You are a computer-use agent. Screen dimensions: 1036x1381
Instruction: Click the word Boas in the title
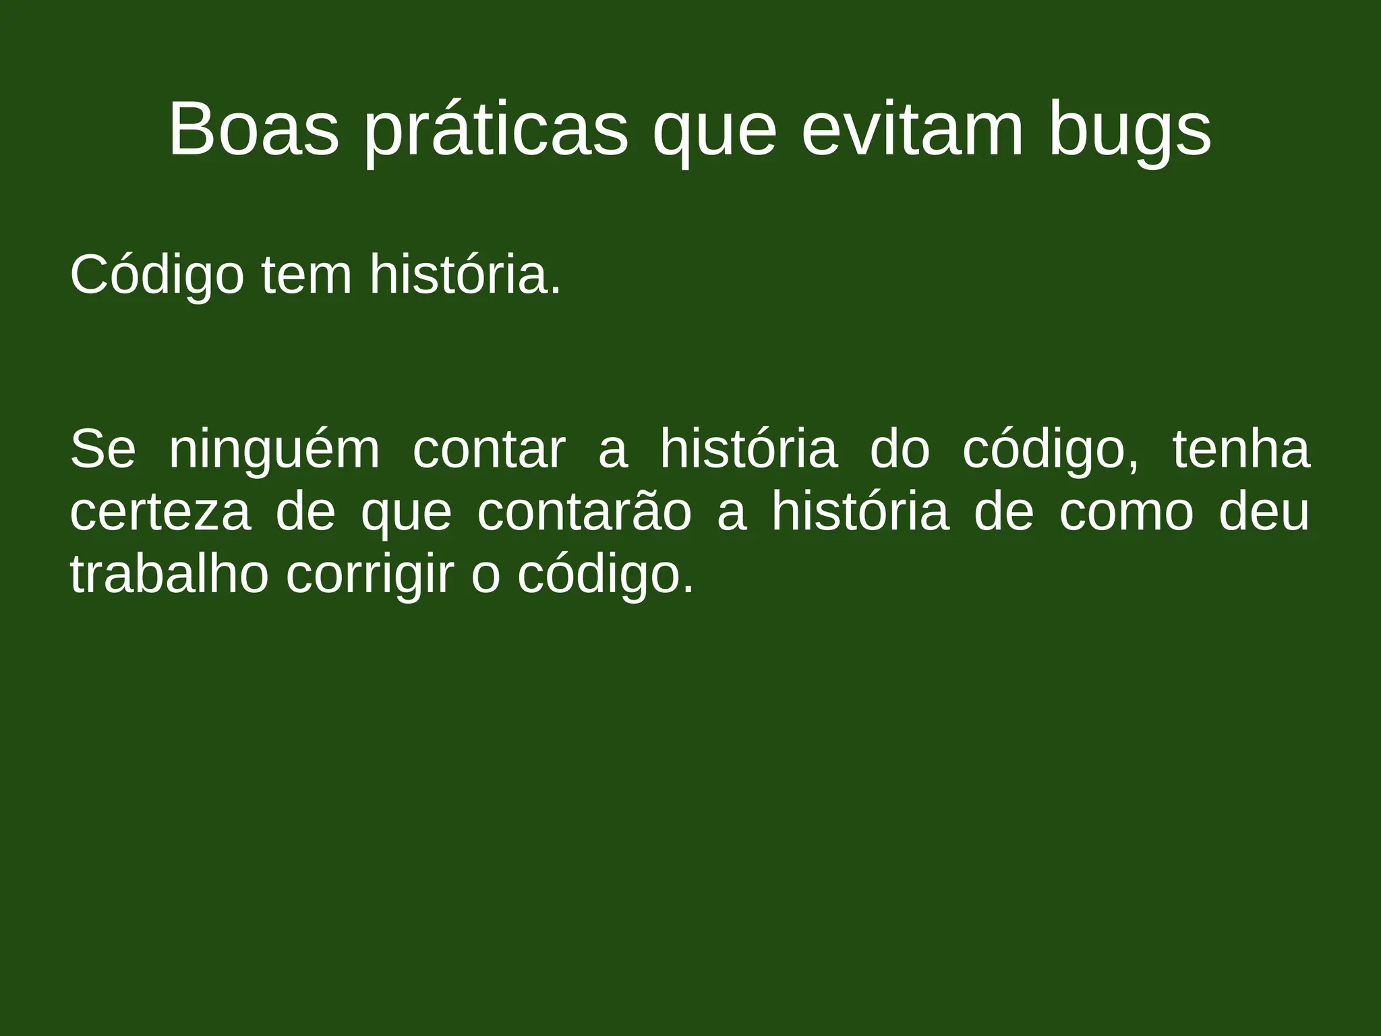254,129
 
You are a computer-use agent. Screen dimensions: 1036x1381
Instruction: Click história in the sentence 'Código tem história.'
465,275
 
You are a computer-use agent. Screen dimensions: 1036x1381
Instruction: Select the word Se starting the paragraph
102,449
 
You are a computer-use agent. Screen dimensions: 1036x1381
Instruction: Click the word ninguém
274,451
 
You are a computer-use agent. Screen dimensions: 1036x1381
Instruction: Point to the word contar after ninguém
489,451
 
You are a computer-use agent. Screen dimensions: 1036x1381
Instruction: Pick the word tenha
1241,449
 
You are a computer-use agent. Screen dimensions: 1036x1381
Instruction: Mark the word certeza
160,513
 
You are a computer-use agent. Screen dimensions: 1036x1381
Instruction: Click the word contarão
584,513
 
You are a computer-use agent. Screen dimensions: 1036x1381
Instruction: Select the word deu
1264,513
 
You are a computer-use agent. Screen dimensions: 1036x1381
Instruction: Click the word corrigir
368,576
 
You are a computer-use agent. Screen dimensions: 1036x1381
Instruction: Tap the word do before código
900,449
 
